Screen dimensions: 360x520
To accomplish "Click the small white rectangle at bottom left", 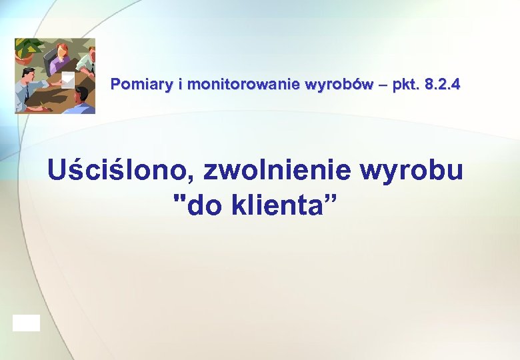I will click(26, 323).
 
